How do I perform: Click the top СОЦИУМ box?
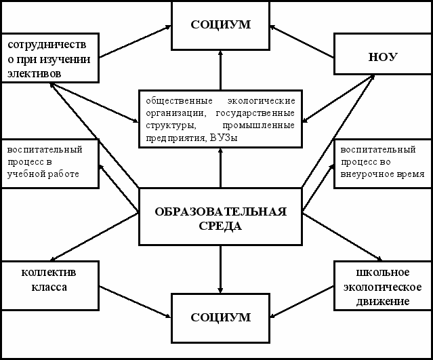221,25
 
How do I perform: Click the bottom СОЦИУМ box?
221,317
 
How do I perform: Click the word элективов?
31,71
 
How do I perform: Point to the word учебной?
26,174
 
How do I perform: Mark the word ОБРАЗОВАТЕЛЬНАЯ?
220,211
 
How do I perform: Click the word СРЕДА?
220,225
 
